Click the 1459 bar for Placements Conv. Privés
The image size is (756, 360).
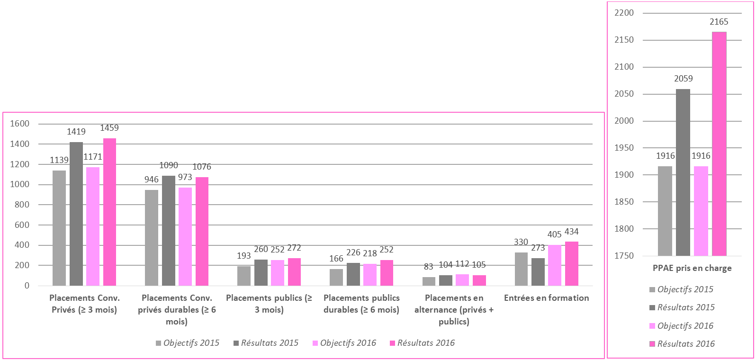tap(109, 212)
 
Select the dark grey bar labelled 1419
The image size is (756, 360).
tap(76, 214)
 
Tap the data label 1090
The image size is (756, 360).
tap(169, 165)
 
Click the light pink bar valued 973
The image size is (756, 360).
tap(185, 236)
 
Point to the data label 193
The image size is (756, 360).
tap(244, 256)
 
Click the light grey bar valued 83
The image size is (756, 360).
tap(429, 281)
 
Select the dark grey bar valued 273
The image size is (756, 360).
tap(538, 272)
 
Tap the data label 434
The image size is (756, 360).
tap(572, 232)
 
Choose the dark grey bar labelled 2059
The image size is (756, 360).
tap(683, 172)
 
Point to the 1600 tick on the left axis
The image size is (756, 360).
tap(20, 124)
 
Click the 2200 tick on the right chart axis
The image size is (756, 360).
tap(624, 13)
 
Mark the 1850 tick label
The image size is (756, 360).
tap(624, 202)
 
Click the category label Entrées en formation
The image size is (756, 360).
tap(547, 298)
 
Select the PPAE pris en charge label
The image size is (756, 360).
tap(692, 268)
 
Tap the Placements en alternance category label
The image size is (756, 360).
tap(454, 310)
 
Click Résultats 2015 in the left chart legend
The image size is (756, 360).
tap(270, 343)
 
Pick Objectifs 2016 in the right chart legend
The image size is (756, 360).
tap(685, 326)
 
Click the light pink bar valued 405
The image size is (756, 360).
tap(555, 265)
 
